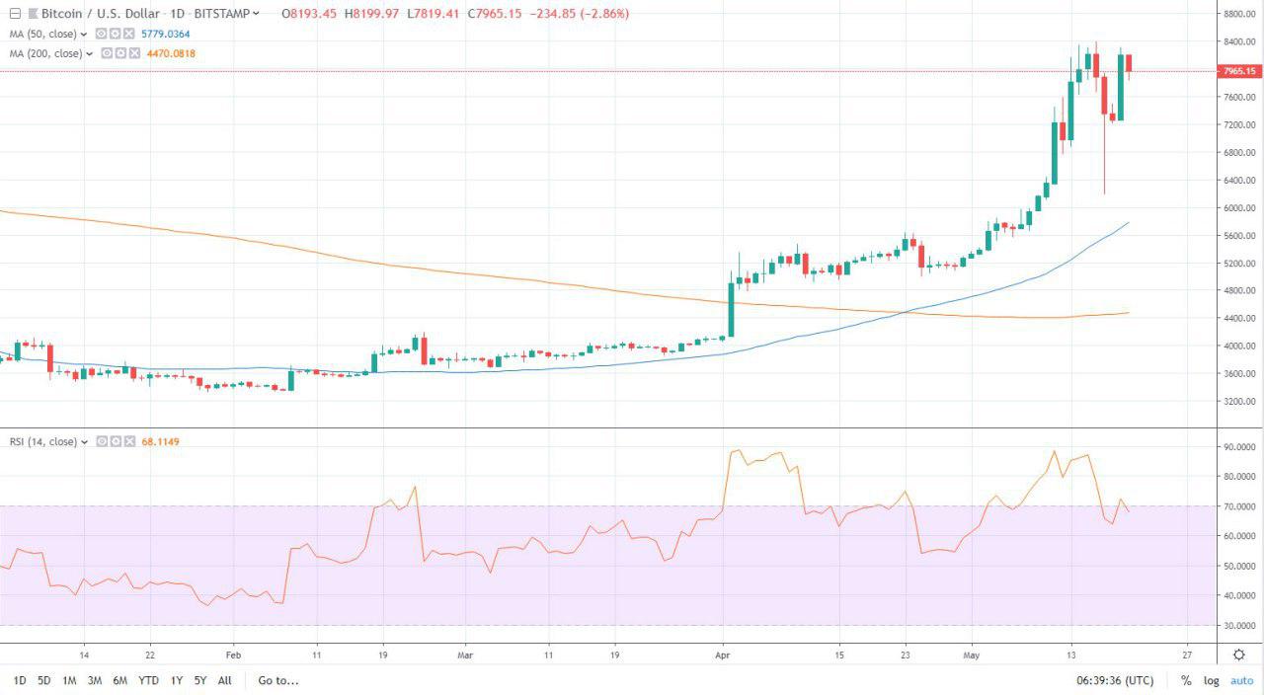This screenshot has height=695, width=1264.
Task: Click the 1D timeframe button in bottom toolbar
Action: click(20, 680)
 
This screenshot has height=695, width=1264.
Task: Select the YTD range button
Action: click(148, 680)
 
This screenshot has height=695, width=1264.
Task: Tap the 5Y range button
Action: click(200, 680)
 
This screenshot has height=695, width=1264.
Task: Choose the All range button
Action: click(225, 680)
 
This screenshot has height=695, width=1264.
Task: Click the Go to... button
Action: click(278, 680)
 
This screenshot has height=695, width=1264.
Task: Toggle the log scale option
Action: click(1211, 681)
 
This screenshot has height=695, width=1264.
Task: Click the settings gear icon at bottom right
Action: click(1238, 655)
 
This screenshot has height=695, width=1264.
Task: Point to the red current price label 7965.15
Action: click(1239, 71)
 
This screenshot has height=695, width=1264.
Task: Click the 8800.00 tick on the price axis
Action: click(1239, 15)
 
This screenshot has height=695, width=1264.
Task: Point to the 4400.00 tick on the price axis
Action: click(1239, 319)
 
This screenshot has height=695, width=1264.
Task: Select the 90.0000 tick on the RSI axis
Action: click(1239, 447)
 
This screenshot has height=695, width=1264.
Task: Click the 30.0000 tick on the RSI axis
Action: click(1239, 626)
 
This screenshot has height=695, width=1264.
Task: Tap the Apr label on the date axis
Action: click(722, 655)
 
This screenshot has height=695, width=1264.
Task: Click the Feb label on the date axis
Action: click(233, 655)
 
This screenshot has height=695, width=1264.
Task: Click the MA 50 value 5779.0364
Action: click(165, 34)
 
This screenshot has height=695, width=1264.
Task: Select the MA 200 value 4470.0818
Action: click(171, 53)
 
